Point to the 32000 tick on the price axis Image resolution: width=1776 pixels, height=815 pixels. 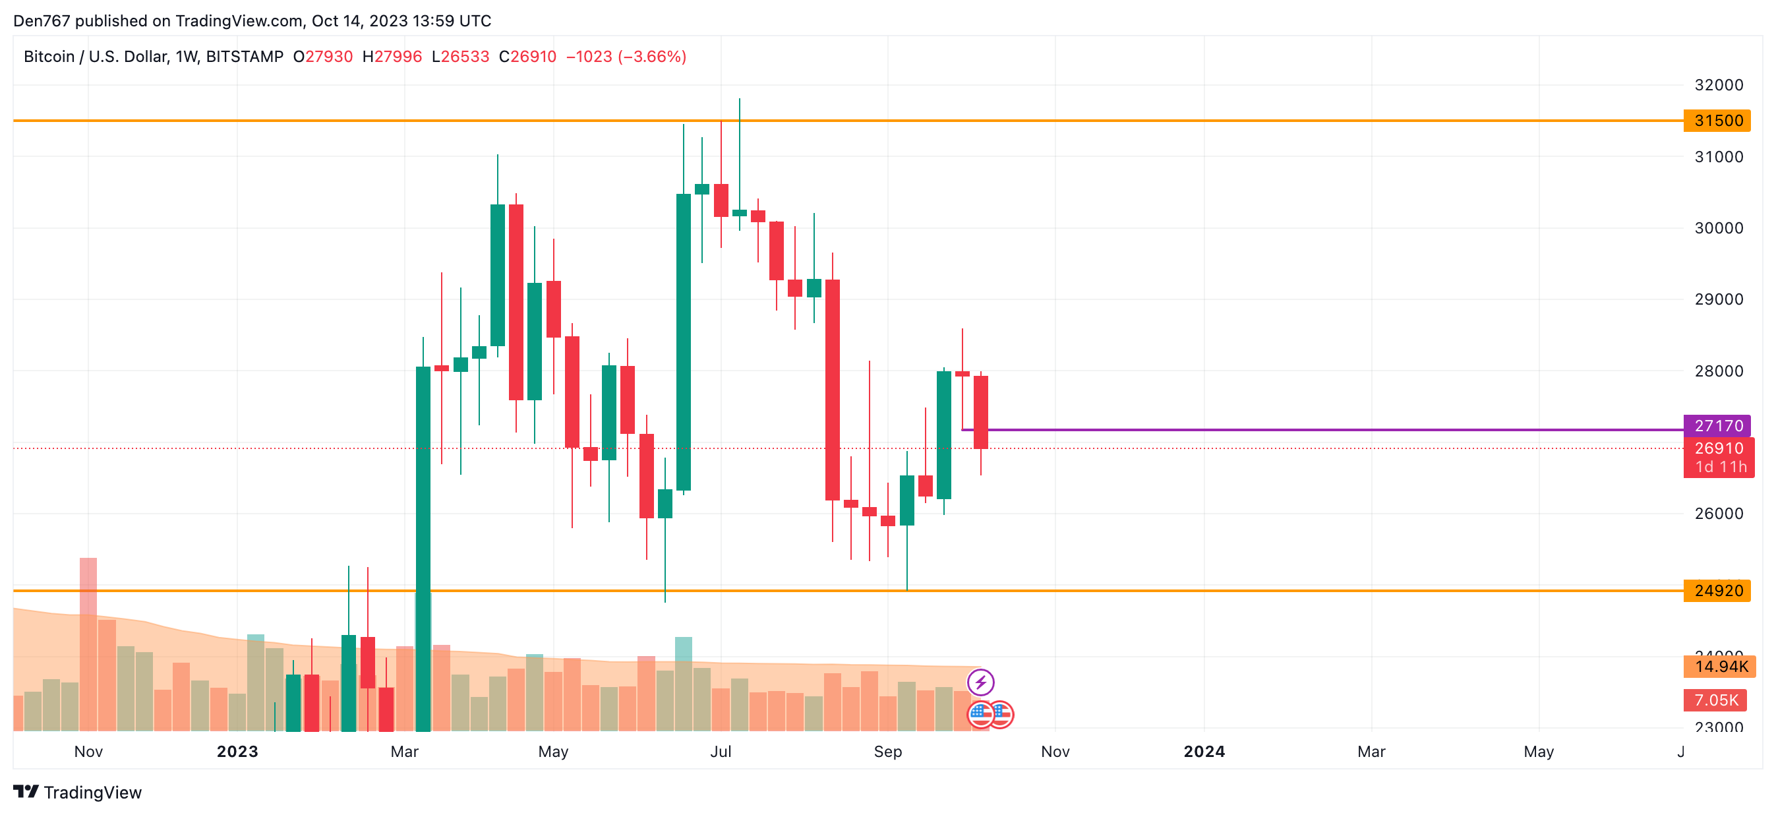tap(1718, 85)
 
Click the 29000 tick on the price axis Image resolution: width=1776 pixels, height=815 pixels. tap(1718, 299)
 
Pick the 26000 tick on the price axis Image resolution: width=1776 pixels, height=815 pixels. tap(1718, 514)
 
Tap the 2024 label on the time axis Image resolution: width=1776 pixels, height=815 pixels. tap(1204, 752)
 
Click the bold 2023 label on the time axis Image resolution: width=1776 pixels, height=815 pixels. tap(237, 752)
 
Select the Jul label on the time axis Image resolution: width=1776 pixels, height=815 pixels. tap(721, 752)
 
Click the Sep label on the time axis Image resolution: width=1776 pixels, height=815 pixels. tap(887, 752)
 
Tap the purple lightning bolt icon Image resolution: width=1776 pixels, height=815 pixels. tap(980, 682)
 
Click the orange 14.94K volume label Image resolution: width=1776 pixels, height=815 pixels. tap(1719, 667)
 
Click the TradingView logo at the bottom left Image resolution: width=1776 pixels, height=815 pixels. tap(77, 792)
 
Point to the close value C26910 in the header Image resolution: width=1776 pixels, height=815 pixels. tap(527, 57)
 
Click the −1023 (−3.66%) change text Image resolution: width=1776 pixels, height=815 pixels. tap(626, 57)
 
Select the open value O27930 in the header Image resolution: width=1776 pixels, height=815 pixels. tap(322, 57)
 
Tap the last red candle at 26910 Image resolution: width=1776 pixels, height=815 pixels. tap(980, 412)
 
